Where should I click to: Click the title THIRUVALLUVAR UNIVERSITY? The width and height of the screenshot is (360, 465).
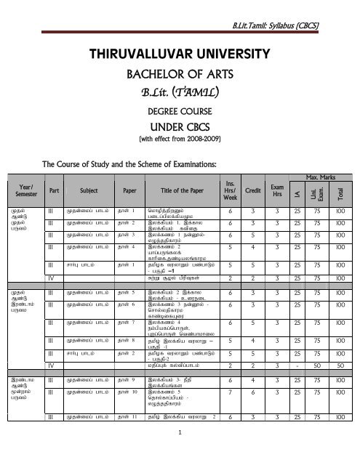pyautogui.click(x=180, y=54)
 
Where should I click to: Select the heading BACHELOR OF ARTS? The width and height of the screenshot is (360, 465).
pyautogui.click(x=180, y=74)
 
